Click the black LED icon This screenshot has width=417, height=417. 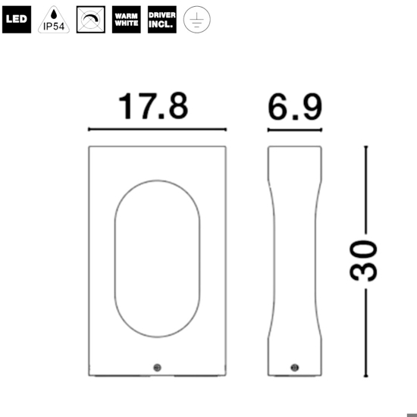pos(17,20)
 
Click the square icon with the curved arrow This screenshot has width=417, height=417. pos(90,20)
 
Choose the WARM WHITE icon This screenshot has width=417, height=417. pos(126,20)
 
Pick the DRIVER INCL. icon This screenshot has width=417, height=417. pos(162,20)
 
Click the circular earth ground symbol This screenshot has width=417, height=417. pos(198,20)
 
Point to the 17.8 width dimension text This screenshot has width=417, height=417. pos(153,107)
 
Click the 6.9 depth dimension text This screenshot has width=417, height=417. pos(295,107)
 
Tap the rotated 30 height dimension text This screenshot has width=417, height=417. pos(365,260)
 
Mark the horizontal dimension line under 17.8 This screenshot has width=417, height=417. pos(157,130)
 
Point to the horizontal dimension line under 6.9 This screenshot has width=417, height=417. pos(295,130)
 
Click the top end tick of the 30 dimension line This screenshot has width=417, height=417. pos(365,146)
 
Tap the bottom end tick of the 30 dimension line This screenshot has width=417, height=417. pos(365,376)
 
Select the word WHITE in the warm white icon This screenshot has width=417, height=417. pos(126,24)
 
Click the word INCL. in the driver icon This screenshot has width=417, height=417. pos(162,24)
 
